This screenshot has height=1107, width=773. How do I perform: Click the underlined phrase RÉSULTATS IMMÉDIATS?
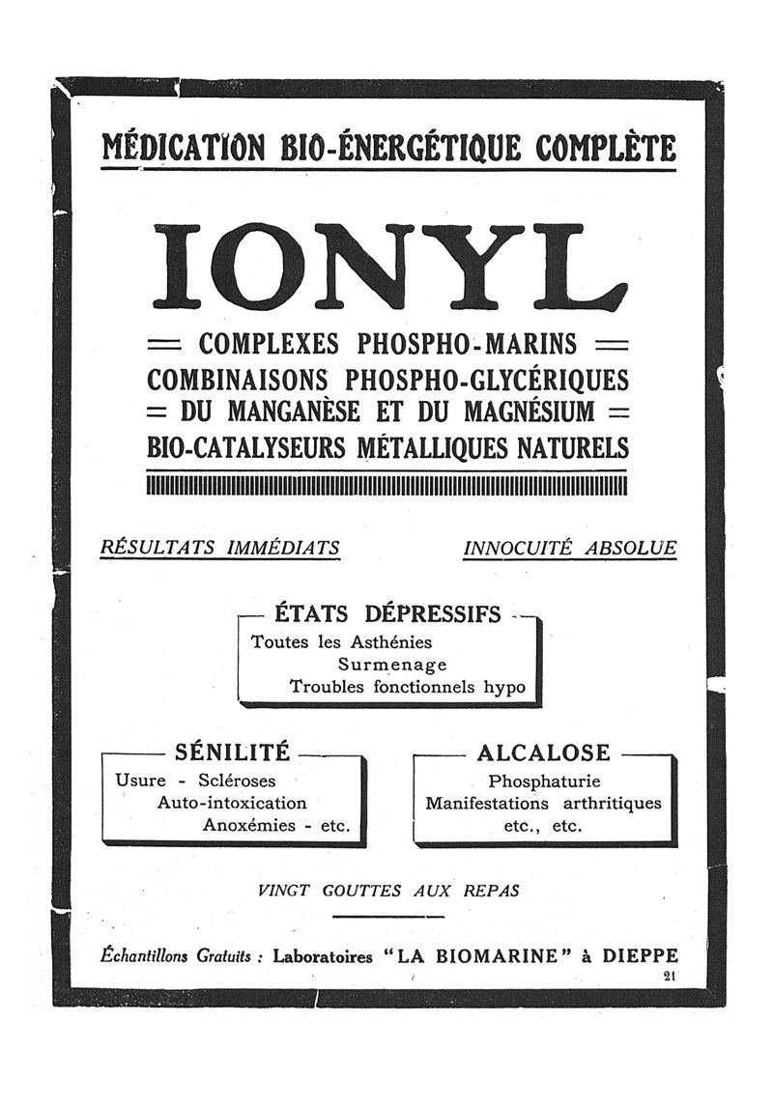tap(220, 549)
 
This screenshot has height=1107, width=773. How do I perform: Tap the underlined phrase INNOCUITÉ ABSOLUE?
tap(570, 549)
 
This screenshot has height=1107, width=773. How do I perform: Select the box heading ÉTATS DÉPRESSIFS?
tap(388, 614)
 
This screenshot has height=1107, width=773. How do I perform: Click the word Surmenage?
tap(392, 665)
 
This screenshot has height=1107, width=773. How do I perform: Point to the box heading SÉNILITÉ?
tap(232, 752)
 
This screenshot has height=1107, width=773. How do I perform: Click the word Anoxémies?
tap(249, 826)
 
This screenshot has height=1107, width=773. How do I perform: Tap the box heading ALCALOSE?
tap(544, 752)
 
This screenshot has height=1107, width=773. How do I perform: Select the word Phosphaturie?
tap(544, 781)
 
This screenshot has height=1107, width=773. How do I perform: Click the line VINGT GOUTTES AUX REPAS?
tap(388, 892)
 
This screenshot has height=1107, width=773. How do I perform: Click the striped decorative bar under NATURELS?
tap(386, 484)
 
